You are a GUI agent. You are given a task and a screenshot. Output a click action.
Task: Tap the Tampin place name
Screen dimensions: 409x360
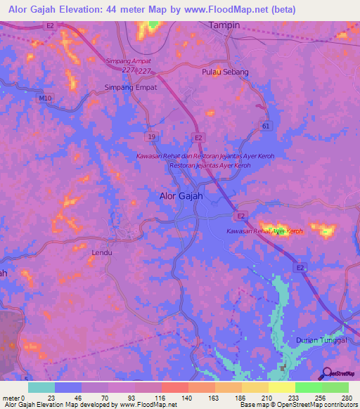pyautogui.click(x=225, y=25)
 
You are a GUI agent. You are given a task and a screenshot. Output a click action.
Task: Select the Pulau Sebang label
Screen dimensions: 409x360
pyautogui.click(x=225, y=72)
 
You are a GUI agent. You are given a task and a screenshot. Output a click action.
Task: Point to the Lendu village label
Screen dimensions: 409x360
pyautogui.click(x=103, y=251)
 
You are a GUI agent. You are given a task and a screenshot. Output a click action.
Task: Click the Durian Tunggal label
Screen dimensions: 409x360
pyautogui.click(x=322, y=339)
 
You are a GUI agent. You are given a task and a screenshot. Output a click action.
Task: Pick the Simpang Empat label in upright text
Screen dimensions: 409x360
pyautogui.click(x=130, y=87)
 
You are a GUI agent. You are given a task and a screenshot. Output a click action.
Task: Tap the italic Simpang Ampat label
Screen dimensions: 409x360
pyautogui.click(x=127, y=61)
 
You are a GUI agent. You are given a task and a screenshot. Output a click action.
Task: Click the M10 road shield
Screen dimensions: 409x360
pyautogui.click(x=46, y=98)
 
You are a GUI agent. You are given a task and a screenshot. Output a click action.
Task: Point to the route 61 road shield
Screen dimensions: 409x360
pyautogui.click(x=265, y=126)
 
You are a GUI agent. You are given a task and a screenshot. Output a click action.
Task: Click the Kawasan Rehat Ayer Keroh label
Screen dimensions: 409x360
pyautogui.click(x=264, y=231)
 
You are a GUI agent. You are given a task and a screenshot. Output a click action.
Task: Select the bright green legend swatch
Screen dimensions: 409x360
pyautogui.click(x=309, y=387)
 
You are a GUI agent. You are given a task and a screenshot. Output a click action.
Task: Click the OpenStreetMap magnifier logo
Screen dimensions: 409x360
pyautogui.click(x=326, y=373)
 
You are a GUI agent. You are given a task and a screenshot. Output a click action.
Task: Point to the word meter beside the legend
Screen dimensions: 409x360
pyautogui.click(x=11, y=397)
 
